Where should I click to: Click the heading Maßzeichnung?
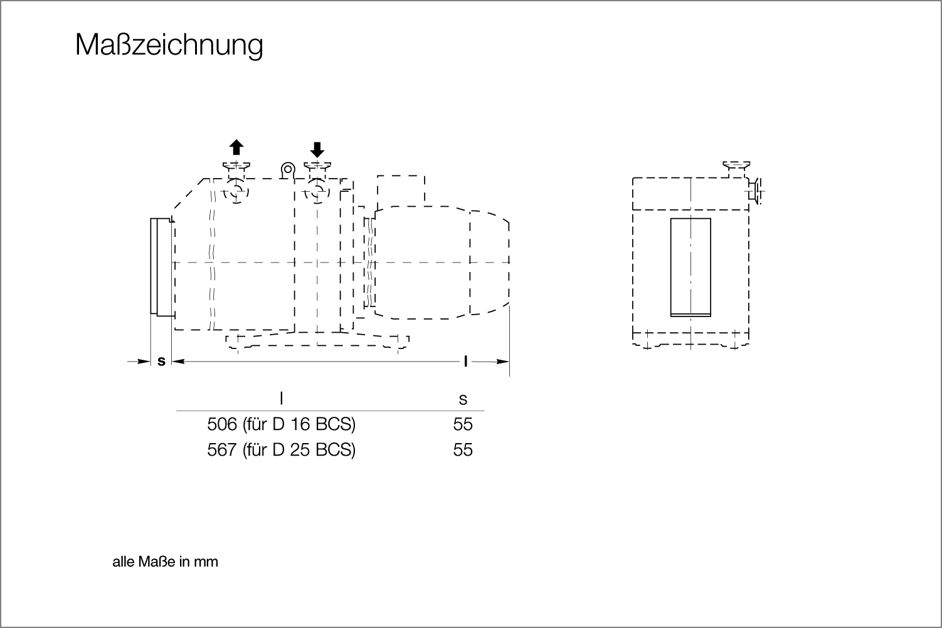[169, 45]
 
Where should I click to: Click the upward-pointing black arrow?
[236, 147]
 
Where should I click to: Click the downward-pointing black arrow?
[317, 150]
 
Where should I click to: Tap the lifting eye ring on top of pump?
[288, 169]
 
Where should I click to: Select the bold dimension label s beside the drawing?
[161, 361]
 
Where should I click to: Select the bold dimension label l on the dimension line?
[465, 361]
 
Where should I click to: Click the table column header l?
[282, 397]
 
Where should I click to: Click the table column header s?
[463, 399]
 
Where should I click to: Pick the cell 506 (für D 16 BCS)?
[282, 424]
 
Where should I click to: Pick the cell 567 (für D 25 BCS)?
[282, 450]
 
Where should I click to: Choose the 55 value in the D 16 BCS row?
[463, 424]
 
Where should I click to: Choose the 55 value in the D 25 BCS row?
[463, 450]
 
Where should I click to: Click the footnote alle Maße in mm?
[166, 562]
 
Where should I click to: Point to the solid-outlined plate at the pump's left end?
[154, 266]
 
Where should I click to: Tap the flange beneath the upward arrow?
[236, 165]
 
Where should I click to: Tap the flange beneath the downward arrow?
[317, 165]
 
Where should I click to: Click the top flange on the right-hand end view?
[736, 165]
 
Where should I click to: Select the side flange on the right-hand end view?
[756, 191]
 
